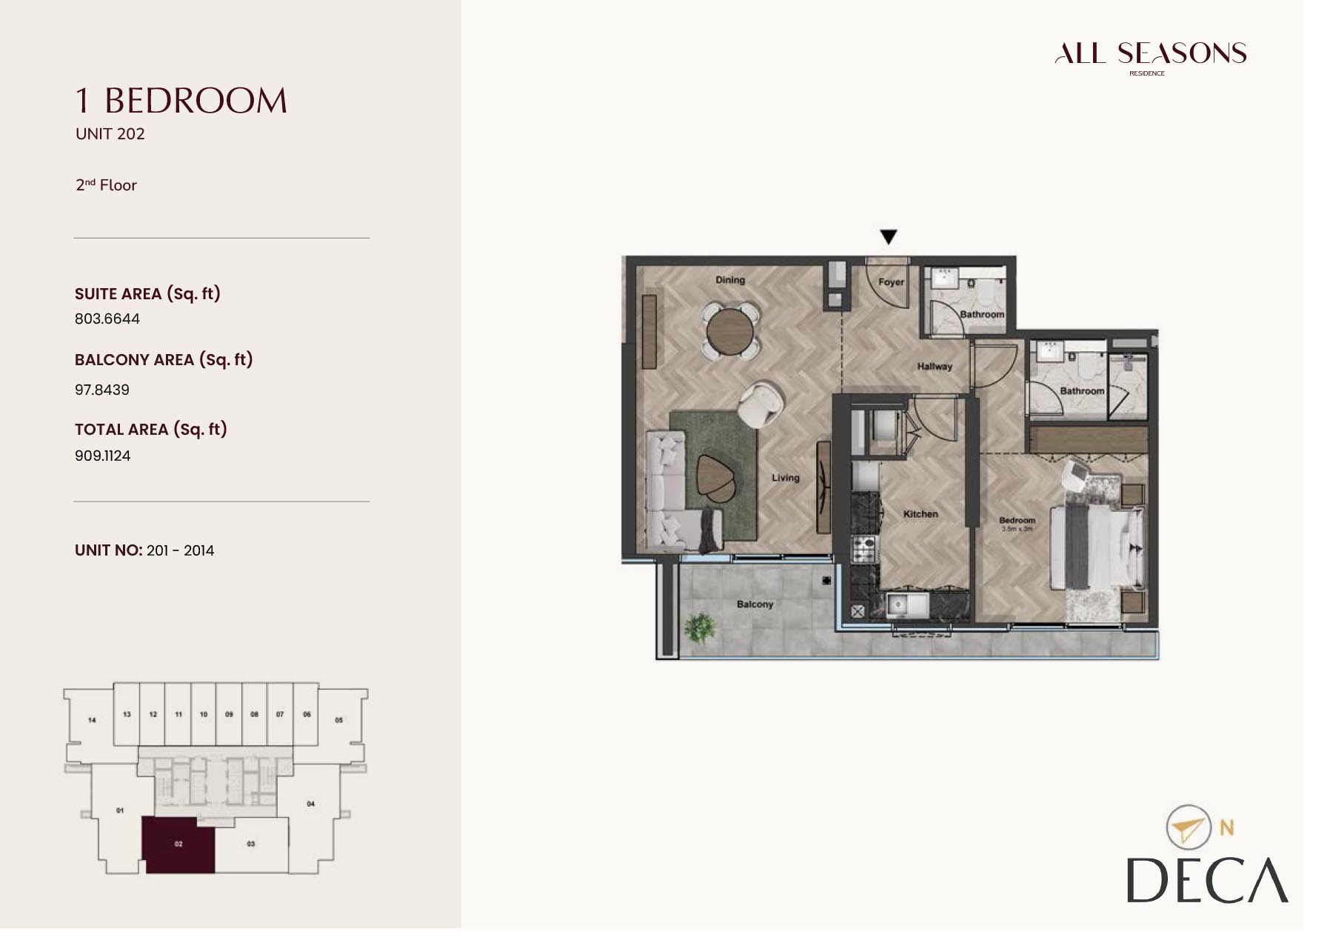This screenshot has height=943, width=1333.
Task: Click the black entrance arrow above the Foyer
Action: [888, 237]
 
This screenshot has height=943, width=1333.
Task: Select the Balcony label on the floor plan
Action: [755, 604]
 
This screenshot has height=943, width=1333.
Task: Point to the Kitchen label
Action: [921, 514]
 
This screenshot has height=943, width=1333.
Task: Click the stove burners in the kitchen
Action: [863, 550]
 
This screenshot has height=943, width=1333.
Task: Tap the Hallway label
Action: [935, 367]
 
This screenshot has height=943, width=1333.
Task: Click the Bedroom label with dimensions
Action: [1017, 524]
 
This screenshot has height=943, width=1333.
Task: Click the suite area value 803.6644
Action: [107, 319]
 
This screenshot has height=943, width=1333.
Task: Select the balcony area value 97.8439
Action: [102, 390]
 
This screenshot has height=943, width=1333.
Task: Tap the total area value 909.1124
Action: [103, 456]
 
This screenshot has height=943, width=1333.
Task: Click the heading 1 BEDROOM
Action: [181, 101]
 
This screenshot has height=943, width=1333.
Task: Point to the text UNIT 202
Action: [110, 134]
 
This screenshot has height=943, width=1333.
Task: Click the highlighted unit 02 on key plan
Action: [178, 844]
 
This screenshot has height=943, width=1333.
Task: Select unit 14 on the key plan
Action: [92, 720]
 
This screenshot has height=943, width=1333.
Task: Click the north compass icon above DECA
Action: [1189, 827]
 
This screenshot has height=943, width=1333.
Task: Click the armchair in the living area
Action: [761, 403]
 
